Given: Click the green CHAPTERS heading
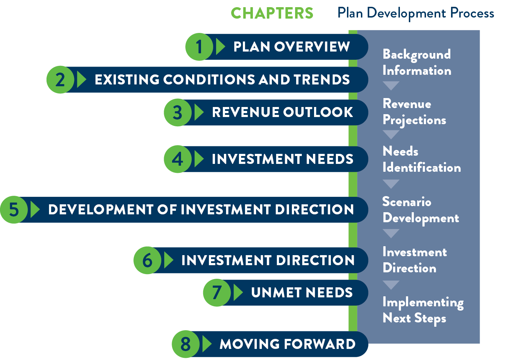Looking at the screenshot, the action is (272, 13).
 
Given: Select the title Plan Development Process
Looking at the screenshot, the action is (416, 14).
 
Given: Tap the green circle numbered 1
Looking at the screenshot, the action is (199, 47).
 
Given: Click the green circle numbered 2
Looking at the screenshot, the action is (60, 80).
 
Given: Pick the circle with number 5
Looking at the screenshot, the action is (14, 210).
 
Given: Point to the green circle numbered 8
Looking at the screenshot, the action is (186, 344).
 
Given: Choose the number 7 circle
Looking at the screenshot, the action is (217, 293).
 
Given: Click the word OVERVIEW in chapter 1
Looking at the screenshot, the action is (312, 47).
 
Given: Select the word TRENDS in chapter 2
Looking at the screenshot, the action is (322, 80).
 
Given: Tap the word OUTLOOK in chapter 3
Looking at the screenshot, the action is (318, 112).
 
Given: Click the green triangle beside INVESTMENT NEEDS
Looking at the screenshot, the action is (199, 159).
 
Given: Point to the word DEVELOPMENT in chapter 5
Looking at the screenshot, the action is (101, 210).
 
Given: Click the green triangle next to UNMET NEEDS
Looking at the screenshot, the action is (238, 292).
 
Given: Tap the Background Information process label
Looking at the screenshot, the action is (417, 63).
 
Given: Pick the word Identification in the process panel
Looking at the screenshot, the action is (422, 167).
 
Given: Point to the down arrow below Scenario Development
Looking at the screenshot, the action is (391, 233).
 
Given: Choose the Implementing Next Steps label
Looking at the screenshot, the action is (423, 311).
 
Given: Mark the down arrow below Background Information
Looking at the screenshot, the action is (391, 86).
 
